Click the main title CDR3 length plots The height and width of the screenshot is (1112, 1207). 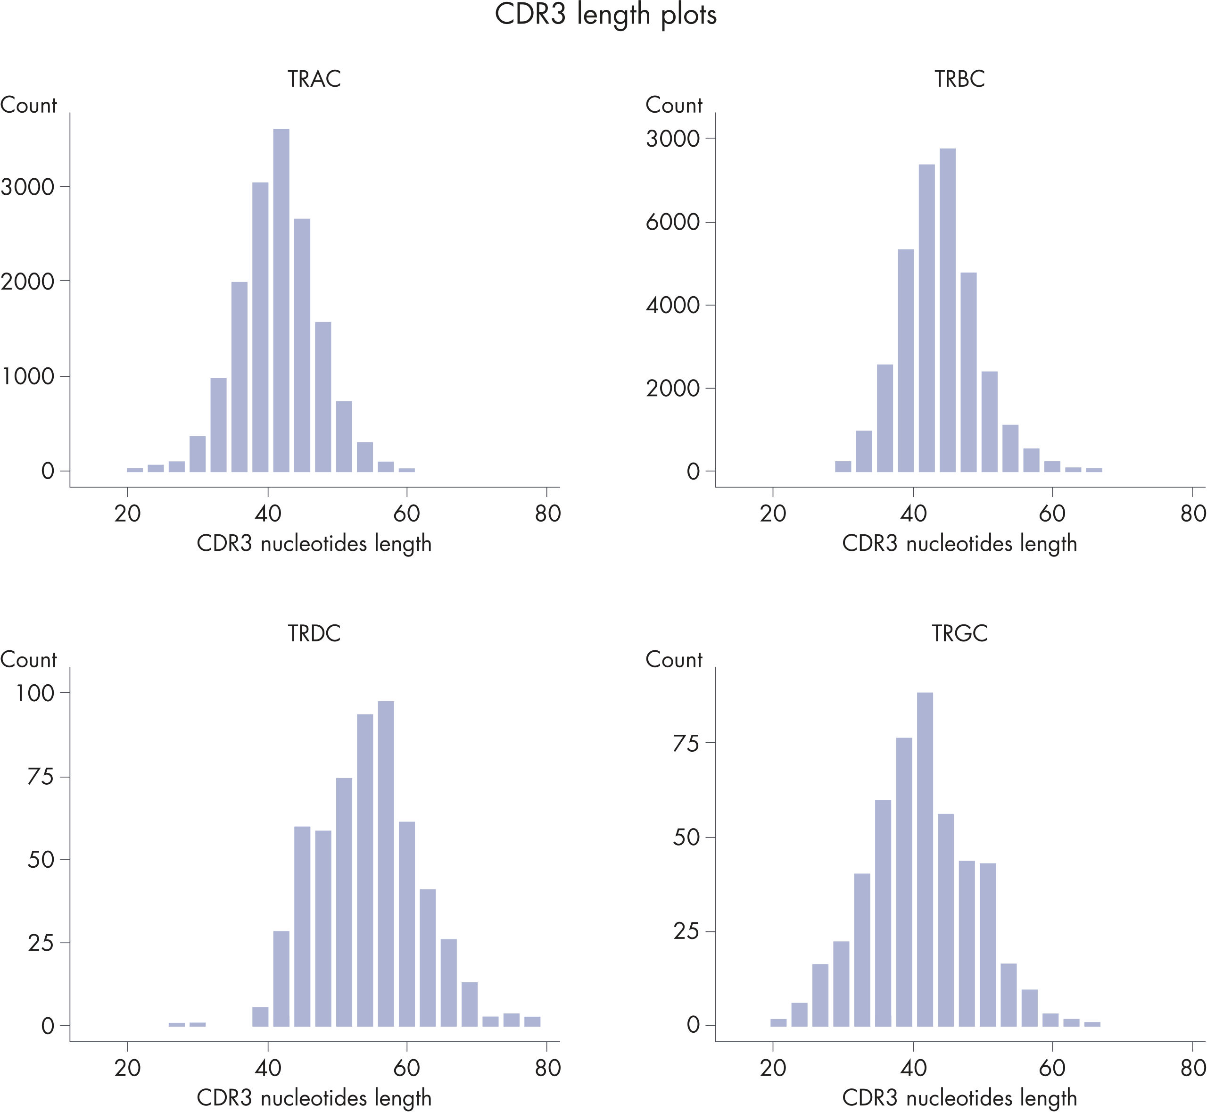(x=605, y=15)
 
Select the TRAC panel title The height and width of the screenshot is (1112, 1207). (x=314, y=79)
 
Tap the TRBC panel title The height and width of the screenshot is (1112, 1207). (x=959, y=79)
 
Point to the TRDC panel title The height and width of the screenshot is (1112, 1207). (x=314, y=634)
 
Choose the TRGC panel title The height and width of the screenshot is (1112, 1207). (x=959, y=634)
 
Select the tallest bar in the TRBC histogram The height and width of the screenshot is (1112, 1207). (x=948, y=310)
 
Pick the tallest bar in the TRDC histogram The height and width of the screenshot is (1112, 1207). (x=386, y=863)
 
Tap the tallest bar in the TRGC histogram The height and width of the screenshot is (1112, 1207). (x=925, y=859)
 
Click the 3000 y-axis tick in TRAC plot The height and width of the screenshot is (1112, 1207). (x=28, y=187)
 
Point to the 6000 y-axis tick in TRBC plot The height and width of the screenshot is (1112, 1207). (x=673, y=223)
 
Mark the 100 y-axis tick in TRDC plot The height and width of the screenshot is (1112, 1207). (x=35, y=694)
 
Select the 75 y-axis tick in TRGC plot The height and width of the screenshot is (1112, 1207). (x=686, y=744)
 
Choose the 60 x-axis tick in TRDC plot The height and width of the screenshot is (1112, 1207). (x=407, y=1068)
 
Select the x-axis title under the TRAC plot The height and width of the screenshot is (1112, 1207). (x=314, y=544)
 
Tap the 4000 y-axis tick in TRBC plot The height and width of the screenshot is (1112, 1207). (x=673, y=306)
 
